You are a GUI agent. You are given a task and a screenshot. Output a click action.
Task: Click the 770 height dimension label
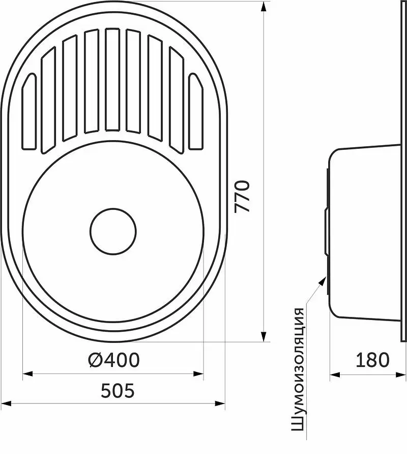(242, 197)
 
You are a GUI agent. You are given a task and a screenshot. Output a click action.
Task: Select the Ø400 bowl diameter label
(114, 360)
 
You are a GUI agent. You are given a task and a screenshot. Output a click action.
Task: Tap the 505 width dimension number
(118, 390)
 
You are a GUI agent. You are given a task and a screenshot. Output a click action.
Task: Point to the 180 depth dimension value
(372, 360)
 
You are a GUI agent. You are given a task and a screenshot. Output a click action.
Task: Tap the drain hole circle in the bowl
(113, 231)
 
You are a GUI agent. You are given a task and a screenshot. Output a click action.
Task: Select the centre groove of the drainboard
(113, 79)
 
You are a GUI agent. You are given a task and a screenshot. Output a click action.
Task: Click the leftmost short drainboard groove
(29, 112)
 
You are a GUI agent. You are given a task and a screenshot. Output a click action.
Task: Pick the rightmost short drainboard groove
(196, 112)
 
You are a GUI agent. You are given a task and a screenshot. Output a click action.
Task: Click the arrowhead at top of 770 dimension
(264, 7)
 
